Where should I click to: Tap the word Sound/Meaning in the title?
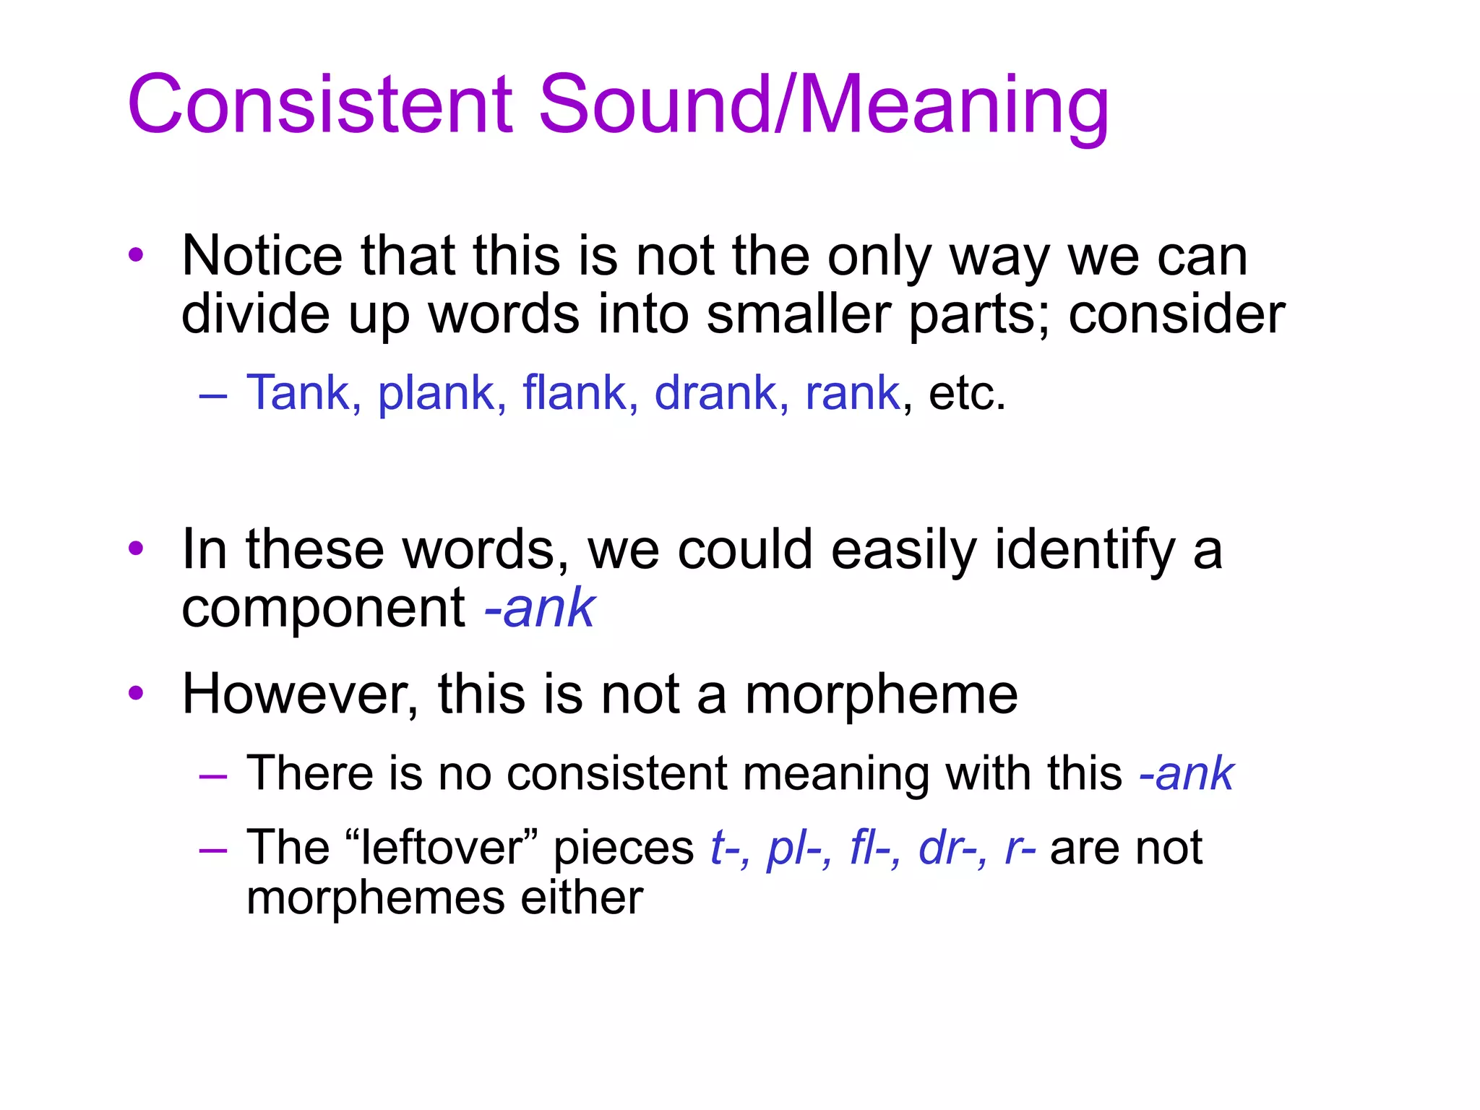(x=823, y=105)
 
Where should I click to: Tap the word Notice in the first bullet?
(x=262, y=256)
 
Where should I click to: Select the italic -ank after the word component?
(x=539, y=608)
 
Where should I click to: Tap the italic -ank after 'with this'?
(x=1186, y=774)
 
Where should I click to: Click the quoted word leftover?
(x=443, y=848)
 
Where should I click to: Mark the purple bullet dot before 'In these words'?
(x=136, y=549)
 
